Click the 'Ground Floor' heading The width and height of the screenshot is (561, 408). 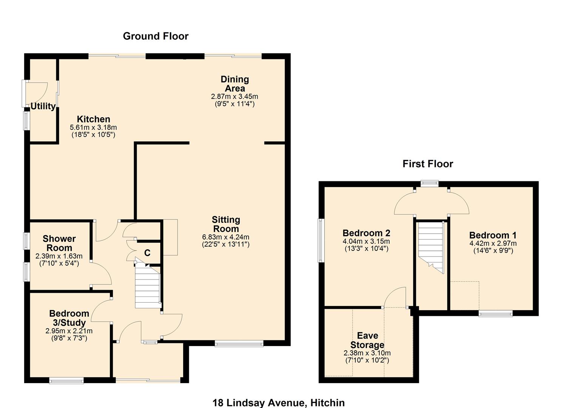[x=156, y=36]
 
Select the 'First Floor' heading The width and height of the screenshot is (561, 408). [x=428, y=164]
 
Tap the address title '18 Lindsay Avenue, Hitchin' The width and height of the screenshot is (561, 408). [x=278, y=403]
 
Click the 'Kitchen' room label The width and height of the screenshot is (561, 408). [x=93, y=119]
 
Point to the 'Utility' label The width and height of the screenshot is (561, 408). [x=43, y=107]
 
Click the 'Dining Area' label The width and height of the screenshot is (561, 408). [x=235, y=84]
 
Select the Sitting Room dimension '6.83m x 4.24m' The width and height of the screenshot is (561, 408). [x=226, y=237]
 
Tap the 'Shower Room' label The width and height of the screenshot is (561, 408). [x=59, y=243]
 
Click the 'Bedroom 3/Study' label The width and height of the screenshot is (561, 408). [x=69, y=318]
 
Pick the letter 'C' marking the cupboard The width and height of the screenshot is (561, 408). [x=147, y=253]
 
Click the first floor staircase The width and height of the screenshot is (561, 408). [x=431, y=246]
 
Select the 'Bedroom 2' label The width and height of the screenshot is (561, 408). [x=366, y=233]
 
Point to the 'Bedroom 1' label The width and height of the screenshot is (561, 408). [x=493, y=235]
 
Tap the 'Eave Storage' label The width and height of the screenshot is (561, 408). [x=367, y=340]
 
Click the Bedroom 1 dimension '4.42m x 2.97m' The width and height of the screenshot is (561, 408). [x=493, y=244]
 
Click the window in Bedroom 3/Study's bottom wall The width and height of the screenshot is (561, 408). [x=66, y=380]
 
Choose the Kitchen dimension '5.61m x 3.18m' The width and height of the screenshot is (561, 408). [x=93, y=128]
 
